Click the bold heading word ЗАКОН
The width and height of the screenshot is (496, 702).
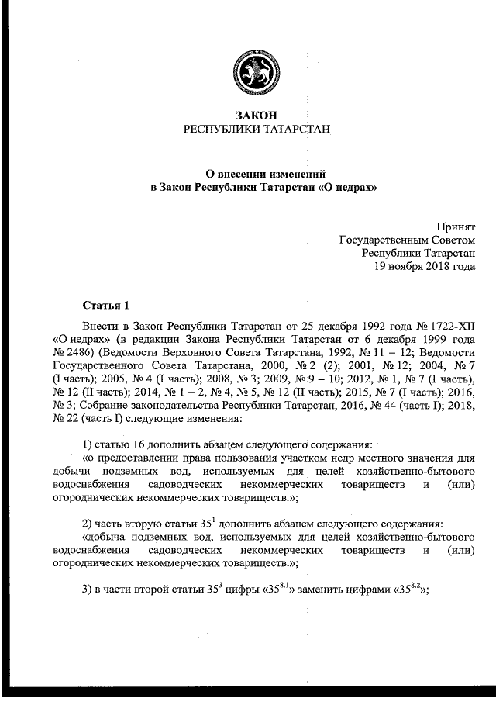pyautogui.click(x=256, y=115)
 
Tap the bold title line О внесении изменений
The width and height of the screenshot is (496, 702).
pyautogui.click(x=257, y=174)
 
